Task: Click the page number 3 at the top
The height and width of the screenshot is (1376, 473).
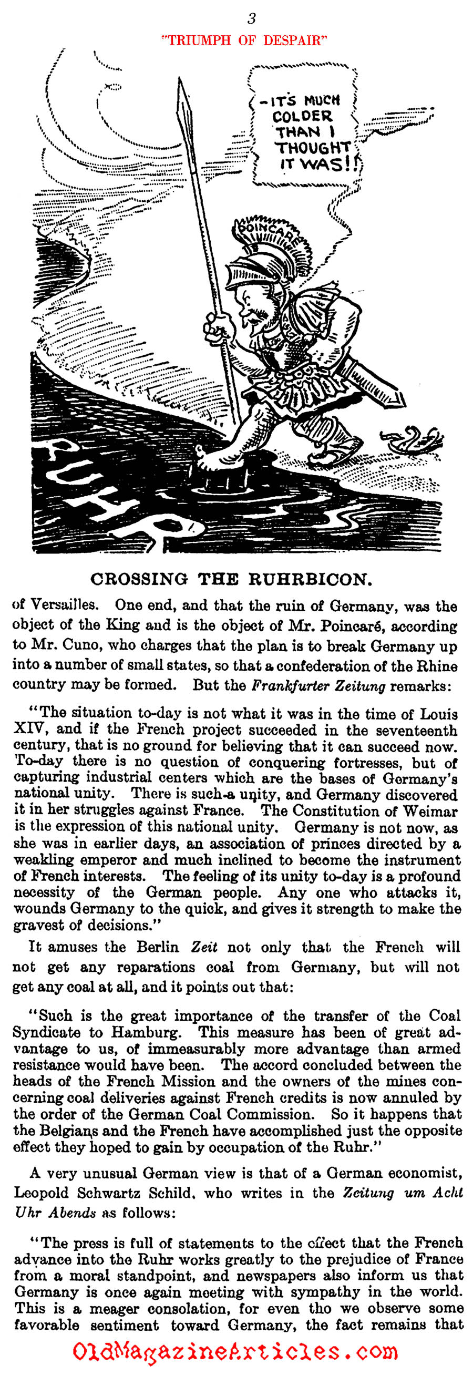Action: click(251, 19)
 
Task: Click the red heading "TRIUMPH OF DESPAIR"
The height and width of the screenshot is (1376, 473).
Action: click(244, 40)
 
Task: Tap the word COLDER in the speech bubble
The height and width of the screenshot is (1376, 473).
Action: click(302, 116)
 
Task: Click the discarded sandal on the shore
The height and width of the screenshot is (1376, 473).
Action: click(412, 438)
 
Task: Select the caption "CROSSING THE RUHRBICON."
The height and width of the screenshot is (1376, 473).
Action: click(231, 580)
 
